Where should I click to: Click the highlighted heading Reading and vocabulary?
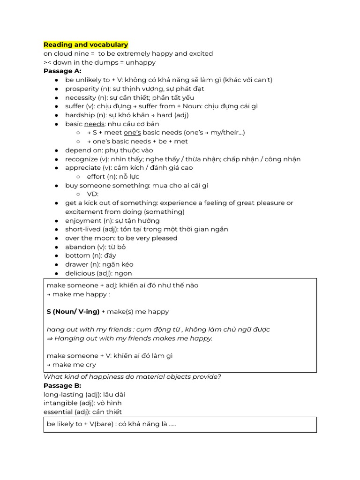coord(86,45)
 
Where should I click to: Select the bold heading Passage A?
coord(62,71)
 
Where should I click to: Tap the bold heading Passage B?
coord(62,385)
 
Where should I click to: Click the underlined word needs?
coord(93,124)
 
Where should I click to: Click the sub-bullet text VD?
coord(93,194)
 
